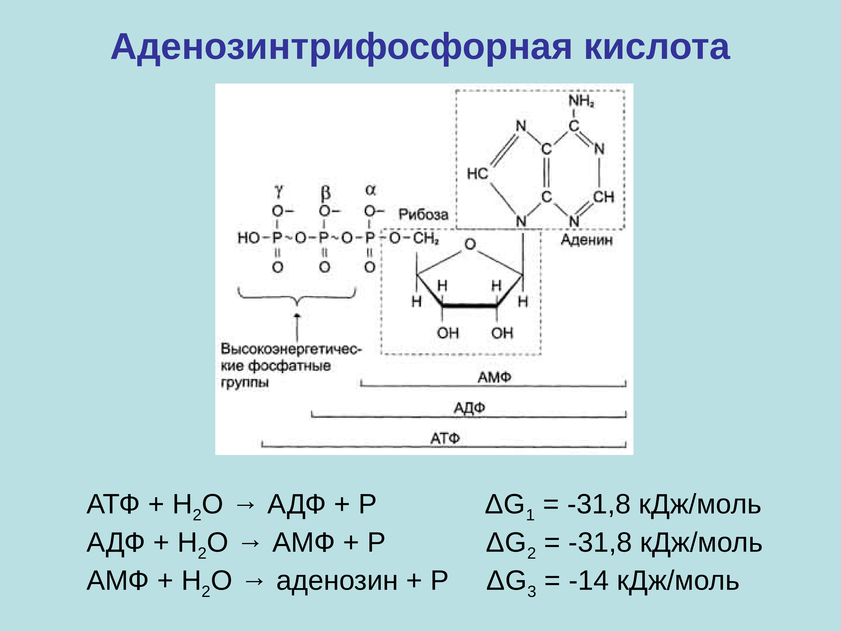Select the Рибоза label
[x=423, y=214]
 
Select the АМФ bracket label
[x=494, y=377]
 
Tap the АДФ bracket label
[x=469, y=408]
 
